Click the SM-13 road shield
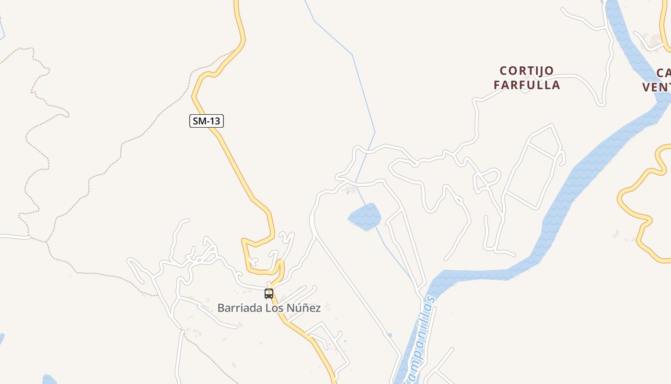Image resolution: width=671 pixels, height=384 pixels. [x=207, y=121]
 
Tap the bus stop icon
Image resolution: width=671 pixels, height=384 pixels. [x=269, y=294]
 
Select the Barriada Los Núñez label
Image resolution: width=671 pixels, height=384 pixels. [x=269, y=308]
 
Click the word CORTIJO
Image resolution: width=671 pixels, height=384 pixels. [x=527, y=71]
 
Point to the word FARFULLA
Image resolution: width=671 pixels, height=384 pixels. [x=527, y=85]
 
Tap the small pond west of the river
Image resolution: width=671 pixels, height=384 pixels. [x=365, y=216]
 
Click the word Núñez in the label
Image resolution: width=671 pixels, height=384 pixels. [x=303, y=308]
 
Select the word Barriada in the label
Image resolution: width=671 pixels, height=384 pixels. [x=240, y=308]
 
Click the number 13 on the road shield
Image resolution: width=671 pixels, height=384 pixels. [x=214, y=121]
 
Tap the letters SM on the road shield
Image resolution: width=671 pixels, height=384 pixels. [x=199, y=121]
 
